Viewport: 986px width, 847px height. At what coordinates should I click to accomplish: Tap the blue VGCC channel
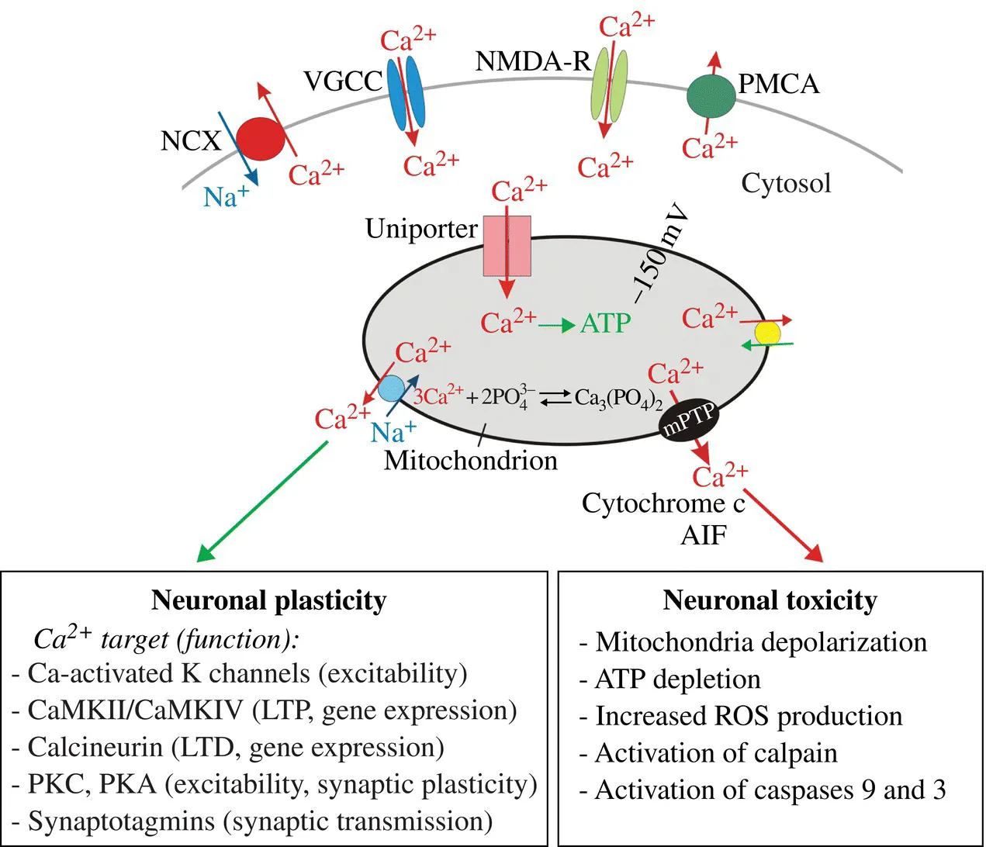pyautogui.click(x=407, y=96)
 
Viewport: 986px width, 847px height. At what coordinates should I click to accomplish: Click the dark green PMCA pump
pyautogui.click(x=711, y=96)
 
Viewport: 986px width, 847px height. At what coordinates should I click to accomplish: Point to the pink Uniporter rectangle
pyautogui.click(x=507, y=246)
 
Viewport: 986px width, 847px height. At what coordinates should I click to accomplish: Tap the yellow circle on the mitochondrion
pyautogui.click(x=767, y=334)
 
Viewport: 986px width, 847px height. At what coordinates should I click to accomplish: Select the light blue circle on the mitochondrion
pyautogui.click(x=391, y=388)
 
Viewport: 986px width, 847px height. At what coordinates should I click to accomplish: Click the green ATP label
pyautogui.click(x=606, y=323)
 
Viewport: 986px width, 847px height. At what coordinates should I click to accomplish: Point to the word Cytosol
pyautogui.click(x=786, y=184)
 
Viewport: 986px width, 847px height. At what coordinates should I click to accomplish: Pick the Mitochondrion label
pyautogui.click(x=471, y=461)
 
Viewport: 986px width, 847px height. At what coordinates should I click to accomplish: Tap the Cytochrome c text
pyautogui.click(x=663, y=503)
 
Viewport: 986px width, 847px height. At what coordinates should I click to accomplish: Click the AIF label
pyautogui.click(x=704, y=535)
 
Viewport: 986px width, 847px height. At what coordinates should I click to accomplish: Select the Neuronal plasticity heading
pyautogui.click(x=268, y=600)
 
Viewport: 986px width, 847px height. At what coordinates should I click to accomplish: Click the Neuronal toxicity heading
pyautogui.click(x=770, y=600)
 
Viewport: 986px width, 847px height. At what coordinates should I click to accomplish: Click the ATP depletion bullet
pyautogui.click(x=677, y=679)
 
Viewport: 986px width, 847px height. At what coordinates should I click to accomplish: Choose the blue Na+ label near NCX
pyautogui.click(x=225, y=197)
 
